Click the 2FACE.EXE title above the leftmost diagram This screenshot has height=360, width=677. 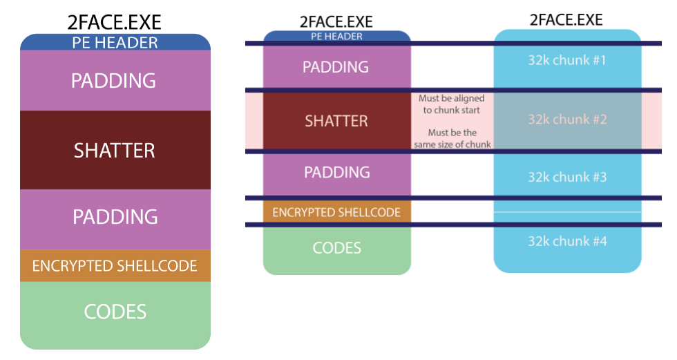pyautogui.click(x=115, y=20)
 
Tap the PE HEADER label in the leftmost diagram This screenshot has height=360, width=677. pyautogui.click(x=115, y=43)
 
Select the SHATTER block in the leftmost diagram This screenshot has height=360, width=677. pyautogui.click(x=115, y=150)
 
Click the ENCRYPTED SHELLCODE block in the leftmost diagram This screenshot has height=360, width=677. pyautogui.click(x=115, y=266)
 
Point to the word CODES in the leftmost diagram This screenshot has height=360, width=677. pyautogui.click(x=115, y=312)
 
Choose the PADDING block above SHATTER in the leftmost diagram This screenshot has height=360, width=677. pyautogui.click(x=115, y=81)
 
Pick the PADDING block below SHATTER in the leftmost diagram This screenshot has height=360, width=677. pyautogui.click(x=115, y=217)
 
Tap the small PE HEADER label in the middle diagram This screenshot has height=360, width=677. pyautogui.click(x=337, y=36)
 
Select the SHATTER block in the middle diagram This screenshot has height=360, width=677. pyautogui.click(x=337, y=121)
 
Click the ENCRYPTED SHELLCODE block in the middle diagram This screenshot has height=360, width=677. pyautogui.click(x=337, y=212)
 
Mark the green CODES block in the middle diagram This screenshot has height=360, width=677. pyautogui.click(x=337, y=248)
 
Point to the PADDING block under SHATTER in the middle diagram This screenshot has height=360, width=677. pyautogui.click(x=337, y=172)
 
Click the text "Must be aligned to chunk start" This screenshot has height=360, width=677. pyautogui.click(x=452, y=104)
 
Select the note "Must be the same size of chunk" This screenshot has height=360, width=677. pyautogui.click(x=452, y=138)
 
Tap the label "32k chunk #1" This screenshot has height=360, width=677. pyautogui.click(x=567, y=60)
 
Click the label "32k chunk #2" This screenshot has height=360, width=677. pyautogui.click(x=567, y=120)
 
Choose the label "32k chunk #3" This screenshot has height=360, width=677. pyautogui.click(x=567, y=177)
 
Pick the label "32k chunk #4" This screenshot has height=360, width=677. pyautogui.click(x=567, y=241)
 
